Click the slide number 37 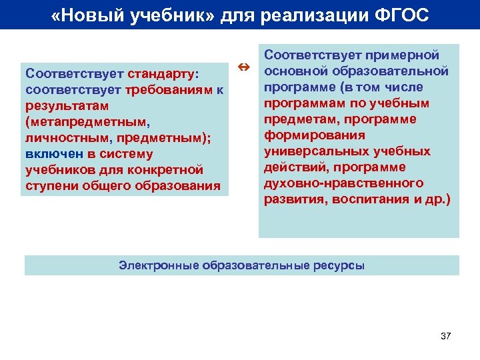[x=446, y=336]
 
